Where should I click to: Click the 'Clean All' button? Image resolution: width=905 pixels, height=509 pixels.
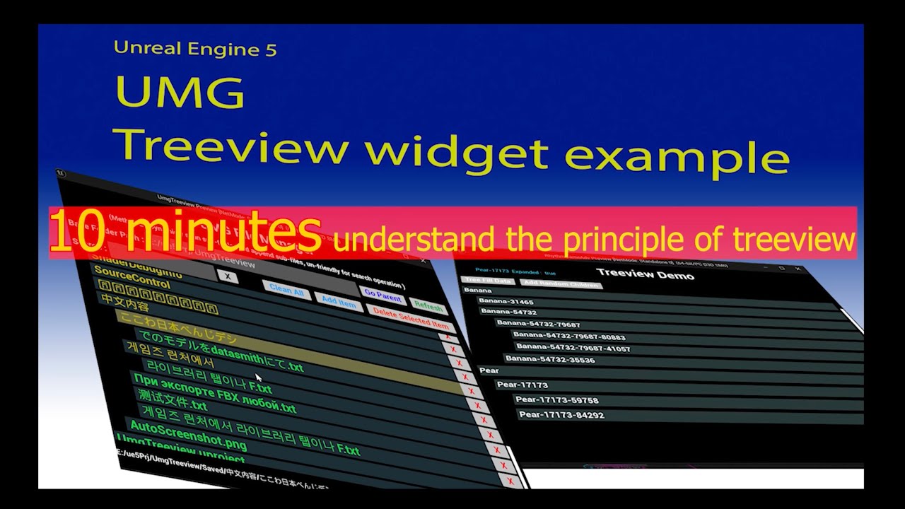[286, 290]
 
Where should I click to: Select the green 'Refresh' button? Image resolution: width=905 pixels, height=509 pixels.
[428, 307]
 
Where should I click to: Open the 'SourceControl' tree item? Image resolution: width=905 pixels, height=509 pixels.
[132, 277]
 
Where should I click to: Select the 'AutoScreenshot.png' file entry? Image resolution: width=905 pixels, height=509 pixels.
[188, 434]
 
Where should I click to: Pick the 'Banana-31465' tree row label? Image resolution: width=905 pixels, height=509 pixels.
[506, 302]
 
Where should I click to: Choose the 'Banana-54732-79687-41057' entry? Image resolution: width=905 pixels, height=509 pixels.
[573, 347]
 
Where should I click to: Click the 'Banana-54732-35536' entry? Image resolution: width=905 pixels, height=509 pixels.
[550, 359]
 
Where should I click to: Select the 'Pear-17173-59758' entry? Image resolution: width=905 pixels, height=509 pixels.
[556, 400]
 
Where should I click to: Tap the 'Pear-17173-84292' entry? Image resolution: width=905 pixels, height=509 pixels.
[561, 415]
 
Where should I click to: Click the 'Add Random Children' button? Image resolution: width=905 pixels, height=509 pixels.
[560, 283]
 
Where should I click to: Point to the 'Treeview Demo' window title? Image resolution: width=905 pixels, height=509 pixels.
[645, 274]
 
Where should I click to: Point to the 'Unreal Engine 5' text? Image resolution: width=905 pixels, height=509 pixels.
[195, 49]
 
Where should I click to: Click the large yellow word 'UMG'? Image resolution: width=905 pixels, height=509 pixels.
[180, 92]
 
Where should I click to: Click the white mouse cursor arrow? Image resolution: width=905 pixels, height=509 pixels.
[259, 378]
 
